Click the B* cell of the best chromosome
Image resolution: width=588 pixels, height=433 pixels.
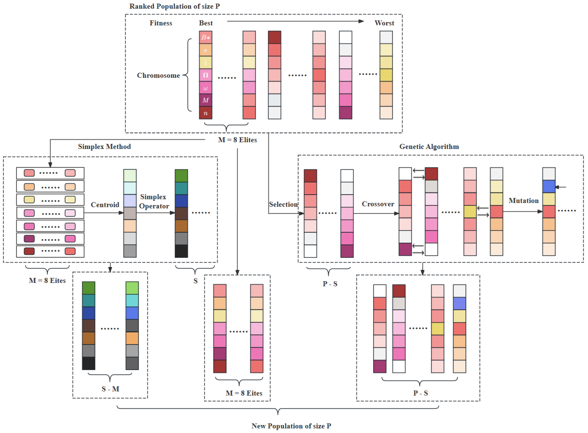(x=205, y=37)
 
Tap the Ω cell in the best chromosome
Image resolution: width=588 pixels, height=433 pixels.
(x=205, y=75)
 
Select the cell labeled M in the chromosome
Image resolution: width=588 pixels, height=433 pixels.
(x=205, y=100)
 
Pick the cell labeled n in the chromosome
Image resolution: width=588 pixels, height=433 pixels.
(x=205, y=113)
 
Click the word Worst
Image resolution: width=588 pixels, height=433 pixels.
(x=384, y=23)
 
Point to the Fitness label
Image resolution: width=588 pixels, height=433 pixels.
(x=161, y=23)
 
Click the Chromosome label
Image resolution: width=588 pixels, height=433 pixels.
(x=159, y=76)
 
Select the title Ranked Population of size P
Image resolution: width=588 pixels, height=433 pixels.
(x=174, y=6)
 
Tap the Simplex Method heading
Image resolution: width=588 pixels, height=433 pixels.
(x=104, y=146)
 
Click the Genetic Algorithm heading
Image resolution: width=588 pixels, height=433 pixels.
(x=429, y=146)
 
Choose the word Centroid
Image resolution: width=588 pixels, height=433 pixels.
(x=105, y=205)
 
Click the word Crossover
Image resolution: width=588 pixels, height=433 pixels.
(x=378, y=204)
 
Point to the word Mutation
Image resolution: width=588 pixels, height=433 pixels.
(x=523, y=200)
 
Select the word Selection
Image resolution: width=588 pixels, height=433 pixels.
(x=283, y=204)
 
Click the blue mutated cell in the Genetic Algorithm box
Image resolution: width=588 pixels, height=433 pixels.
(x=549, y=186)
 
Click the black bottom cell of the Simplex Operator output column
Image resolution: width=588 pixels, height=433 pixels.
(x=181, y=251)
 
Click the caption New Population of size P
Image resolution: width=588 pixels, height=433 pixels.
(x=291, y=426)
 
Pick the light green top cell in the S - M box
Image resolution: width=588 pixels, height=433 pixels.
(x=132, y=288)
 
